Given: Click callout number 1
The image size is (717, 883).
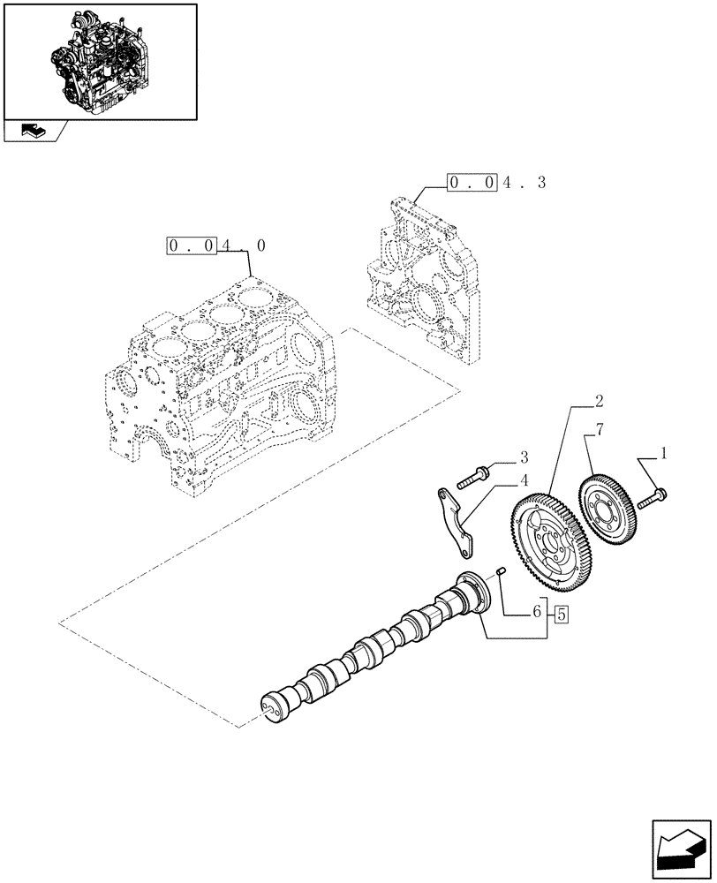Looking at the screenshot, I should (x=662, y=456).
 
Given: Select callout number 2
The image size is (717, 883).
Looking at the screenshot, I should (x=600, y=402).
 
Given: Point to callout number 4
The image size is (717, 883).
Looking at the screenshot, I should (x=524, y=481).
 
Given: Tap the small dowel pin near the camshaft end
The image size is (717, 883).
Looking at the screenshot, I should (x=500, y=571).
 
